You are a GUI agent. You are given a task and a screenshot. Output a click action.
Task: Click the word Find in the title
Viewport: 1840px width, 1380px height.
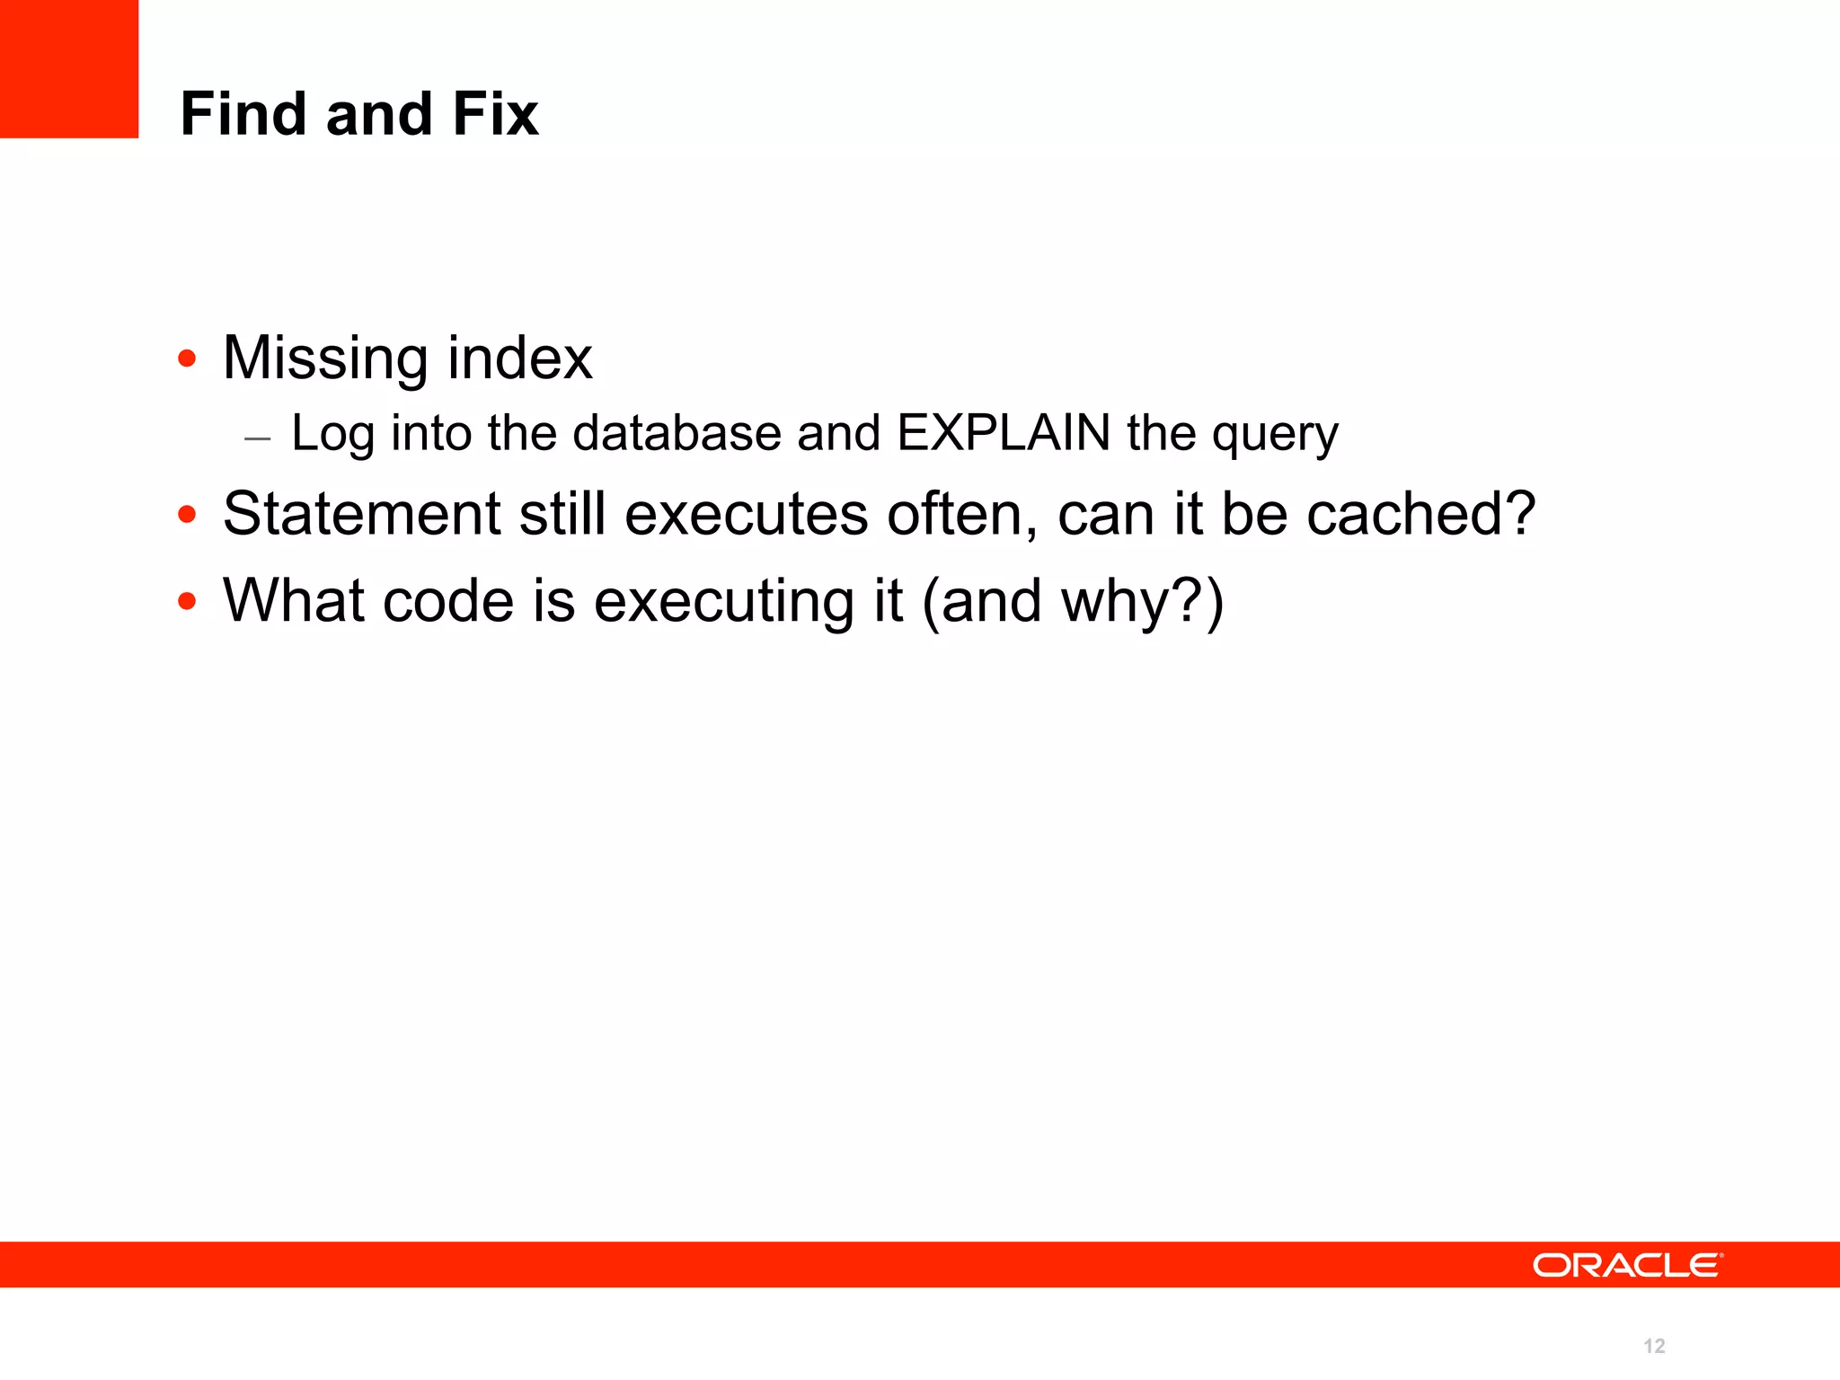tap(243, 114)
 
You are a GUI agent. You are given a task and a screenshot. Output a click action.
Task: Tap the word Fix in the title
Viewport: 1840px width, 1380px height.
tap(495, 114)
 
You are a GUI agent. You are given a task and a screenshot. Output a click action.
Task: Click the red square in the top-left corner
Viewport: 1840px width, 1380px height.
tap(69, 68)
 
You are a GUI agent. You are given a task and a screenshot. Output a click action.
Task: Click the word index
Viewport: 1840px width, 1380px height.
tap(520, 358)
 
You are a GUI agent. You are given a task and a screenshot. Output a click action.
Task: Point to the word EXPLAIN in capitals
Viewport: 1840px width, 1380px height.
tap(1004, 433)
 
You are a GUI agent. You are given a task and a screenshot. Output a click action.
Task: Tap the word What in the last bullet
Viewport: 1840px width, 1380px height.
tap(294, 600)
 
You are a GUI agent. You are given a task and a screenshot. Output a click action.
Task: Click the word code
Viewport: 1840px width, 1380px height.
tap(448, 600)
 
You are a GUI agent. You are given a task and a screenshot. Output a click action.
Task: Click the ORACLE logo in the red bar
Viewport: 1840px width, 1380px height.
tap(1627, 1265)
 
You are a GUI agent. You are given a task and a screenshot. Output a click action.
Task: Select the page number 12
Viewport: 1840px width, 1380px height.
tap(1654, 1346)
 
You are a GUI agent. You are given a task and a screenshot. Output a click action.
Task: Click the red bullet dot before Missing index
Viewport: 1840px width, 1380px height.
tap(187, 359)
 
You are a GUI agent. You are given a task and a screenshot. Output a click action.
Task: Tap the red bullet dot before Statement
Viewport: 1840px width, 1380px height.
tap(187, 515)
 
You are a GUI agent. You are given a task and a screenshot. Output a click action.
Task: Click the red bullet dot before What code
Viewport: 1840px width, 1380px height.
tap(187, 601)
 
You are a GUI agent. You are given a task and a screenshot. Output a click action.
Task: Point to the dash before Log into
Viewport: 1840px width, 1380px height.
tap(257, 438)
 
